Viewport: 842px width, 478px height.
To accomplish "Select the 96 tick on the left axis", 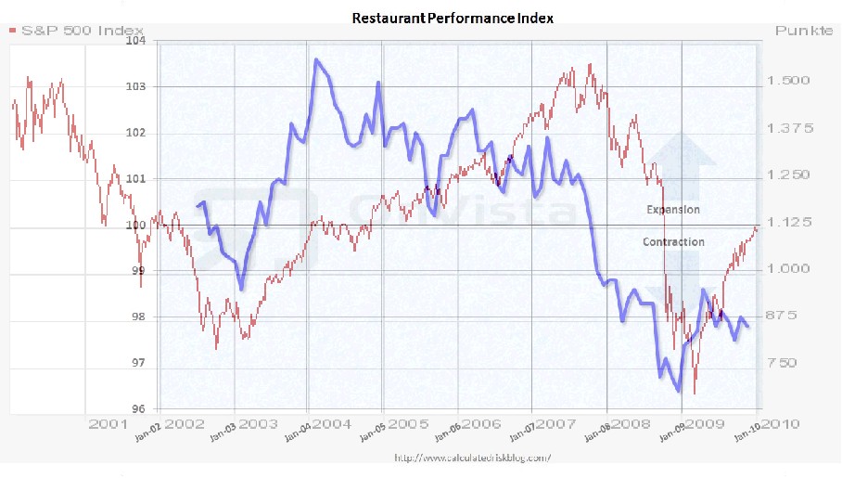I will (x=139, y=408).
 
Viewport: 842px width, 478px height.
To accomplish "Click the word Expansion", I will (x=673, y=210).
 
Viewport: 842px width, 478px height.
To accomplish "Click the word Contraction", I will (x=673, y=242).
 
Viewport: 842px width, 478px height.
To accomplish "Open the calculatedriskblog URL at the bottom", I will (x=472, y=457).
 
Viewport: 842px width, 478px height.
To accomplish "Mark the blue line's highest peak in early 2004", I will (x=316, y=59).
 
